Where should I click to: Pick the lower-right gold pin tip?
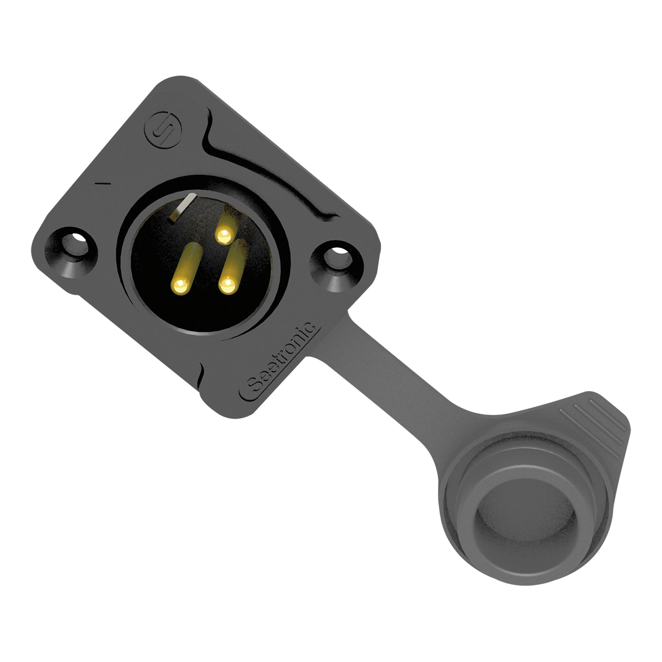[227, 285]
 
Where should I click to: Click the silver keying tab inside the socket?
[183, 207]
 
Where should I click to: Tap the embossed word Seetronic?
[281, 357]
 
